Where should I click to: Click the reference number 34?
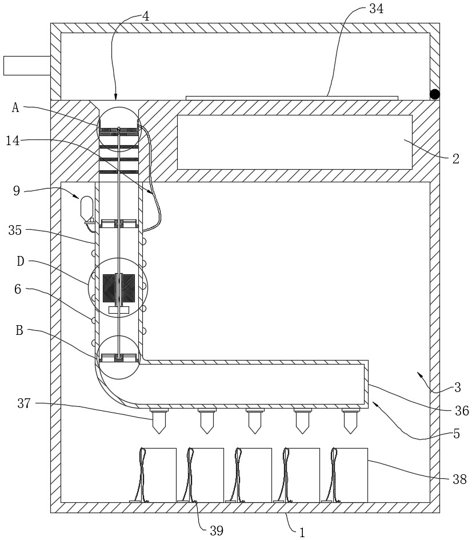(376, 9)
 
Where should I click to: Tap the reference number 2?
(455, 159)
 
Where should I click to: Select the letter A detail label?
(16, 107)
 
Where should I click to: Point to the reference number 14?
(13, 140)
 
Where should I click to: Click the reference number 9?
(17, 190)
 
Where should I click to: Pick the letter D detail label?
(21, 261)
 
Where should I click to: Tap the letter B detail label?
(19, 330)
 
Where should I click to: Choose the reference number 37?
(24, 403)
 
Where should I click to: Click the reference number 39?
(217, 531)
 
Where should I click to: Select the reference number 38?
(459, 479)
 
